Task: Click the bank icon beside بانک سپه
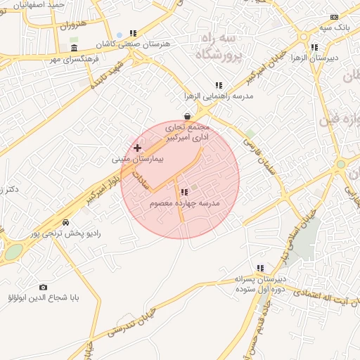coord(335,17)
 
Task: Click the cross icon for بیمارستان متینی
coord(137,148)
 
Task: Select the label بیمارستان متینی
coord(138,160)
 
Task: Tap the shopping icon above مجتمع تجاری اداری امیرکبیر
coord(187,117)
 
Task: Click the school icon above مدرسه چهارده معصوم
coord(184,192)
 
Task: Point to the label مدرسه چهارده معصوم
coord(184,203)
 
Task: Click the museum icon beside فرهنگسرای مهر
coord(75,48)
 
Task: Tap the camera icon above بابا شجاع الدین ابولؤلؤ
coord(44,287)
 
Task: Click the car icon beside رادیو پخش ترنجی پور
coord(65,222)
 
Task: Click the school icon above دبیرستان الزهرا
coord(314,48)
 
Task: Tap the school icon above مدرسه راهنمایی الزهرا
coord(219,84)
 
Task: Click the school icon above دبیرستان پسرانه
coord(260,268)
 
